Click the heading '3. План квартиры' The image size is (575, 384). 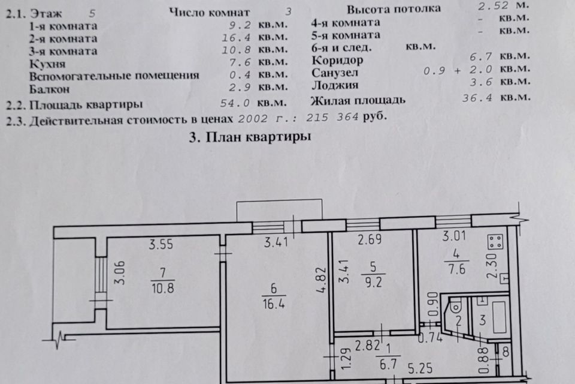250,137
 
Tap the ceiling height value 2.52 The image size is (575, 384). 493,6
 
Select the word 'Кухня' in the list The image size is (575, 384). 47,64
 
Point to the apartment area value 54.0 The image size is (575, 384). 235,103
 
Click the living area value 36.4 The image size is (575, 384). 477,98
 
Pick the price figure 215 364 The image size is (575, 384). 332,117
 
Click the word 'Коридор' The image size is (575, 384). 337,60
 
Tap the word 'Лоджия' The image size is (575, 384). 335,85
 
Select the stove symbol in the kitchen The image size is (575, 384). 495,242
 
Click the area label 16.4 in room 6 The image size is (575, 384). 274,304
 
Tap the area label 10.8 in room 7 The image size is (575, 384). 163,288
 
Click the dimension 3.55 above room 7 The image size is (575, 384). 161,244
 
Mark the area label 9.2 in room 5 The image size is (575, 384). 373,282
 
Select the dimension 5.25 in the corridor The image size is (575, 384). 420,368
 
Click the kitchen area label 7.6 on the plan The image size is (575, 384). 456,269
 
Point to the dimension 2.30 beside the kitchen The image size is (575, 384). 492,266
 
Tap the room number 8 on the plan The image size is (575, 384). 506,352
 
